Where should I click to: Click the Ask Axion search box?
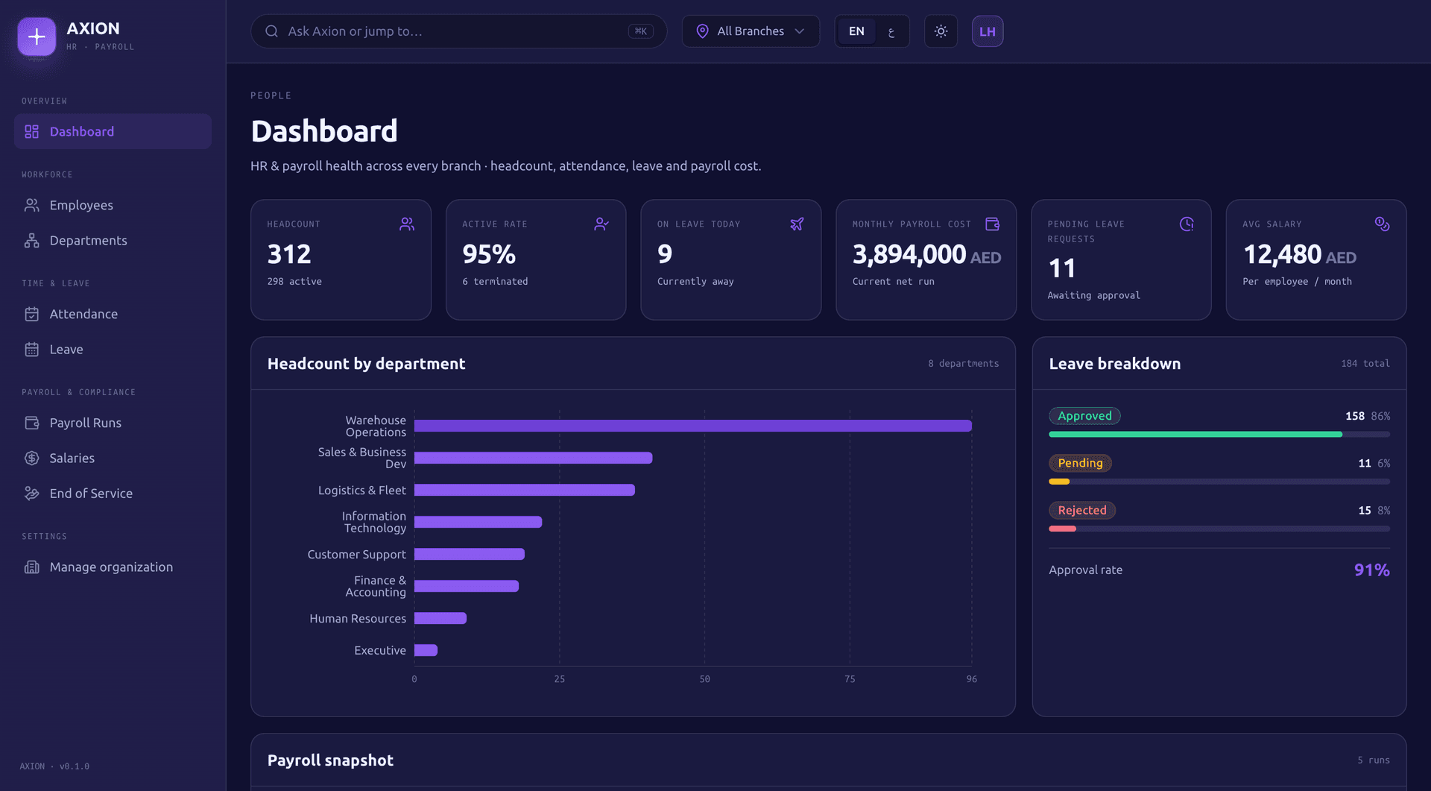point(458,31)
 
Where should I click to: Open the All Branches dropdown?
point(751,31)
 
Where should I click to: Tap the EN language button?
point(856,31)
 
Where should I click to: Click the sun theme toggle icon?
point(941,31)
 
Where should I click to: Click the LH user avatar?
point(988,31)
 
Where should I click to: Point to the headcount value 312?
point(289,254)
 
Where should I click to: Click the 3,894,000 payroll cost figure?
point(909,254)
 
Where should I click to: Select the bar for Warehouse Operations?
point(693,426)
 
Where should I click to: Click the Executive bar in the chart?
point(426,650)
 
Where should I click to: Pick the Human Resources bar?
point(440,618)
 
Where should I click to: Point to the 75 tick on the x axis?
point(850,679)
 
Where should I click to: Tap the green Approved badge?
point(1084,416)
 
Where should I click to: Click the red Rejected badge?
point(1082,510)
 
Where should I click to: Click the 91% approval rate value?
point(1371,570)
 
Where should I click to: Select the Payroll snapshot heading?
point(330,760)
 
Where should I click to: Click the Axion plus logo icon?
point(37,37)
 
